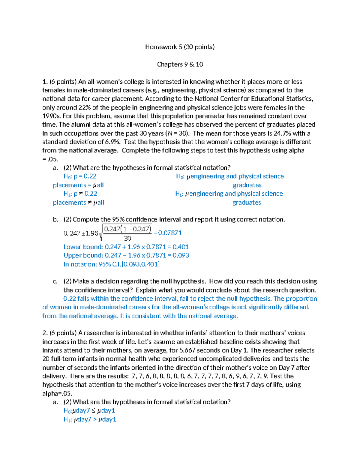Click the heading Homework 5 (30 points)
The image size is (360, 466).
tap(180, 47)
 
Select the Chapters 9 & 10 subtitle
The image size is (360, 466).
tap(180, 64)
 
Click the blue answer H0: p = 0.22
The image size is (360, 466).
tap(80, 176)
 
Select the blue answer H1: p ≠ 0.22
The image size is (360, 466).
tap(80, 194)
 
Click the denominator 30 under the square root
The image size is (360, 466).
tap(127, 239)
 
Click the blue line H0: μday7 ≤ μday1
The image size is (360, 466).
tap(89, 411)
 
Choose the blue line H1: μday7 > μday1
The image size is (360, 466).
tap(90, 419)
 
